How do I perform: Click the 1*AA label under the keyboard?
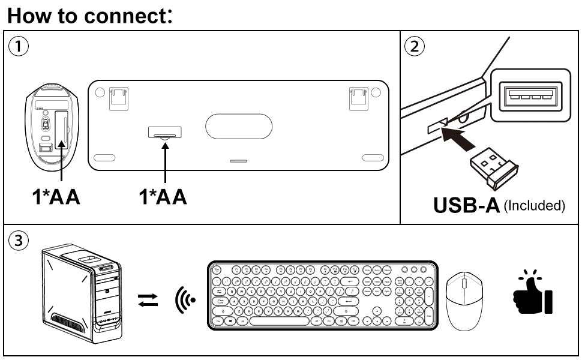tap(163, 197)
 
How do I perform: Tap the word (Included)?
tap(533, 205)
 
